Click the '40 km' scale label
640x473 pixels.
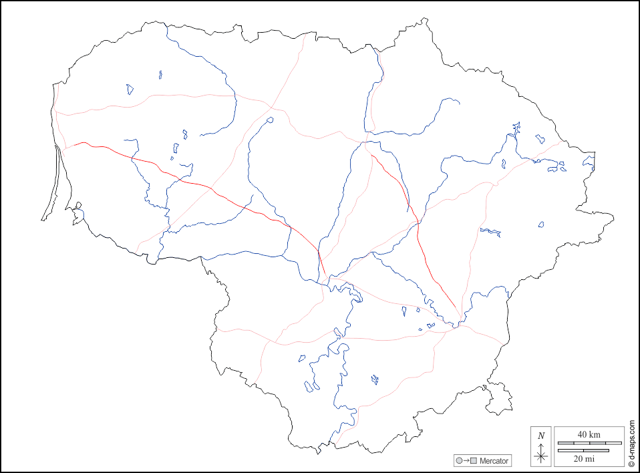[589, 435]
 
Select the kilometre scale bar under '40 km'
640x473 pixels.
[589, 443]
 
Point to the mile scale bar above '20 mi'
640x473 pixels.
[583, 450]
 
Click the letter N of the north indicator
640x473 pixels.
[541, 436]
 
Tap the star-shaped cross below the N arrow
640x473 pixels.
[541, 457]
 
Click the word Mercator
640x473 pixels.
[494, 461]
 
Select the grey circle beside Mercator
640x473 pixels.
[459, 461]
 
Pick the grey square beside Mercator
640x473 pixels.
[474, 461]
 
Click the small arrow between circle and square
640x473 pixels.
[466, 461]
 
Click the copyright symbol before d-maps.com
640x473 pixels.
[631, 462]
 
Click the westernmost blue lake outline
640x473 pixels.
[130, 88]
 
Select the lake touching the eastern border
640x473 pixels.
[587, 162]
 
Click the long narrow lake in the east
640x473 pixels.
[490, 232]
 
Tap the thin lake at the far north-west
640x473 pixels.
[161, 75]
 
